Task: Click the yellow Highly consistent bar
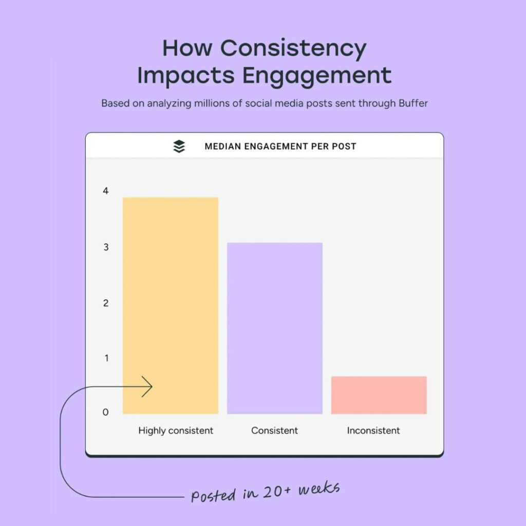[171, 306]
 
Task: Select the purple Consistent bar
[275, 328]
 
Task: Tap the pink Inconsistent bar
[379, 395]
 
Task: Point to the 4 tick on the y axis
[106, 191]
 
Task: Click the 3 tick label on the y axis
[106, 247]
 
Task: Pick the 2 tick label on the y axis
[106, 303]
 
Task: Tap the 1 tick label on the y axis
[106, 358]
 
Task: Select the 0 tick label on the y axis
[106, 412]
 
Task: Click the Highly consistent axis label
[176, 431]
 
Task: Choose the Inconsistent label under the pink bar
[373, 430]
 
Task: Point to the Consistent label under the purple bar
[274, 430]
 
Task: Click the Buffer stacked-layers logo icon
[179, 146]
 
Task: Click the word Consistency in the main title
[293, 49]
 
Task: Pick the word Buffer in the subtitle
[413, 103]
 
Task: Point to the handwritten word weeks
[319, 489]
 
